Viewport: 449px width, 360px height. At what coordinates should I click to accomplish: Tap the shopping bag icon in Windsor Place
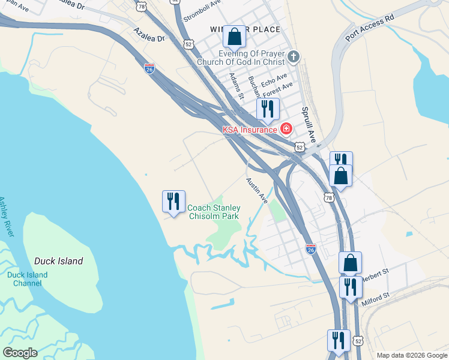[234, 37]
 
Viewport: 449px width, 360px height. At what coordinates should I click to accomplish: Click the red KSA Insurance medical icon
[286, 128]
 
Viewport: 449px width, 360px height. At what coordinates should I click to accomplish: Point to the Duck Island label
[58, 262]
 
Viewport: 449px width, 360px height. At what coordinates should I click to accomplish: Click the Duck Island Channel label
[28, 279]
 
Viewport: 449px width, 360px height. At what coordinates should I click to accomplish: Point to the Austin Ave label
[256, 189]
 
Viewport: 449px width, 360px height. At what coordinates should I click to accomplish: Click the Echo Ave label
[274, 79]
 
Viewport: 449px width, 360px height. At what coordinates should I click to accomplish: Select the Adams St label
[237, 86]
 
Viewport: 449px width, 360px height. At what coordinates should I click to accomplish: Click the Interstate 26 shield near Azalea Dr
[149, 68]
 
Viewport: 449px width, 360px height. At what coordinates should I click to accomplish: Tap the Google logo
[20, 353]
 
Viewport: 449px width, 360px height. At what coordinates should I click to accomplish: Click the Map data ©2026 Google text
[411, 355]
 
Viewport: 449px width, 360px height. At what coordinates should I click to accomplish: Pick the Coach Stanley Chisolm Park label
[214, 212]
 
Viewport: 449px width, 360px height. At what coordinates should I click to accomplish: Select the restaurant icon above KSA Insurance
[268, 109]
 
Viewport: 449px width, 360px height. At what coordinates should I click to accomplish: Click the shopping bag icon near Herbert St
[350, 262]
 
